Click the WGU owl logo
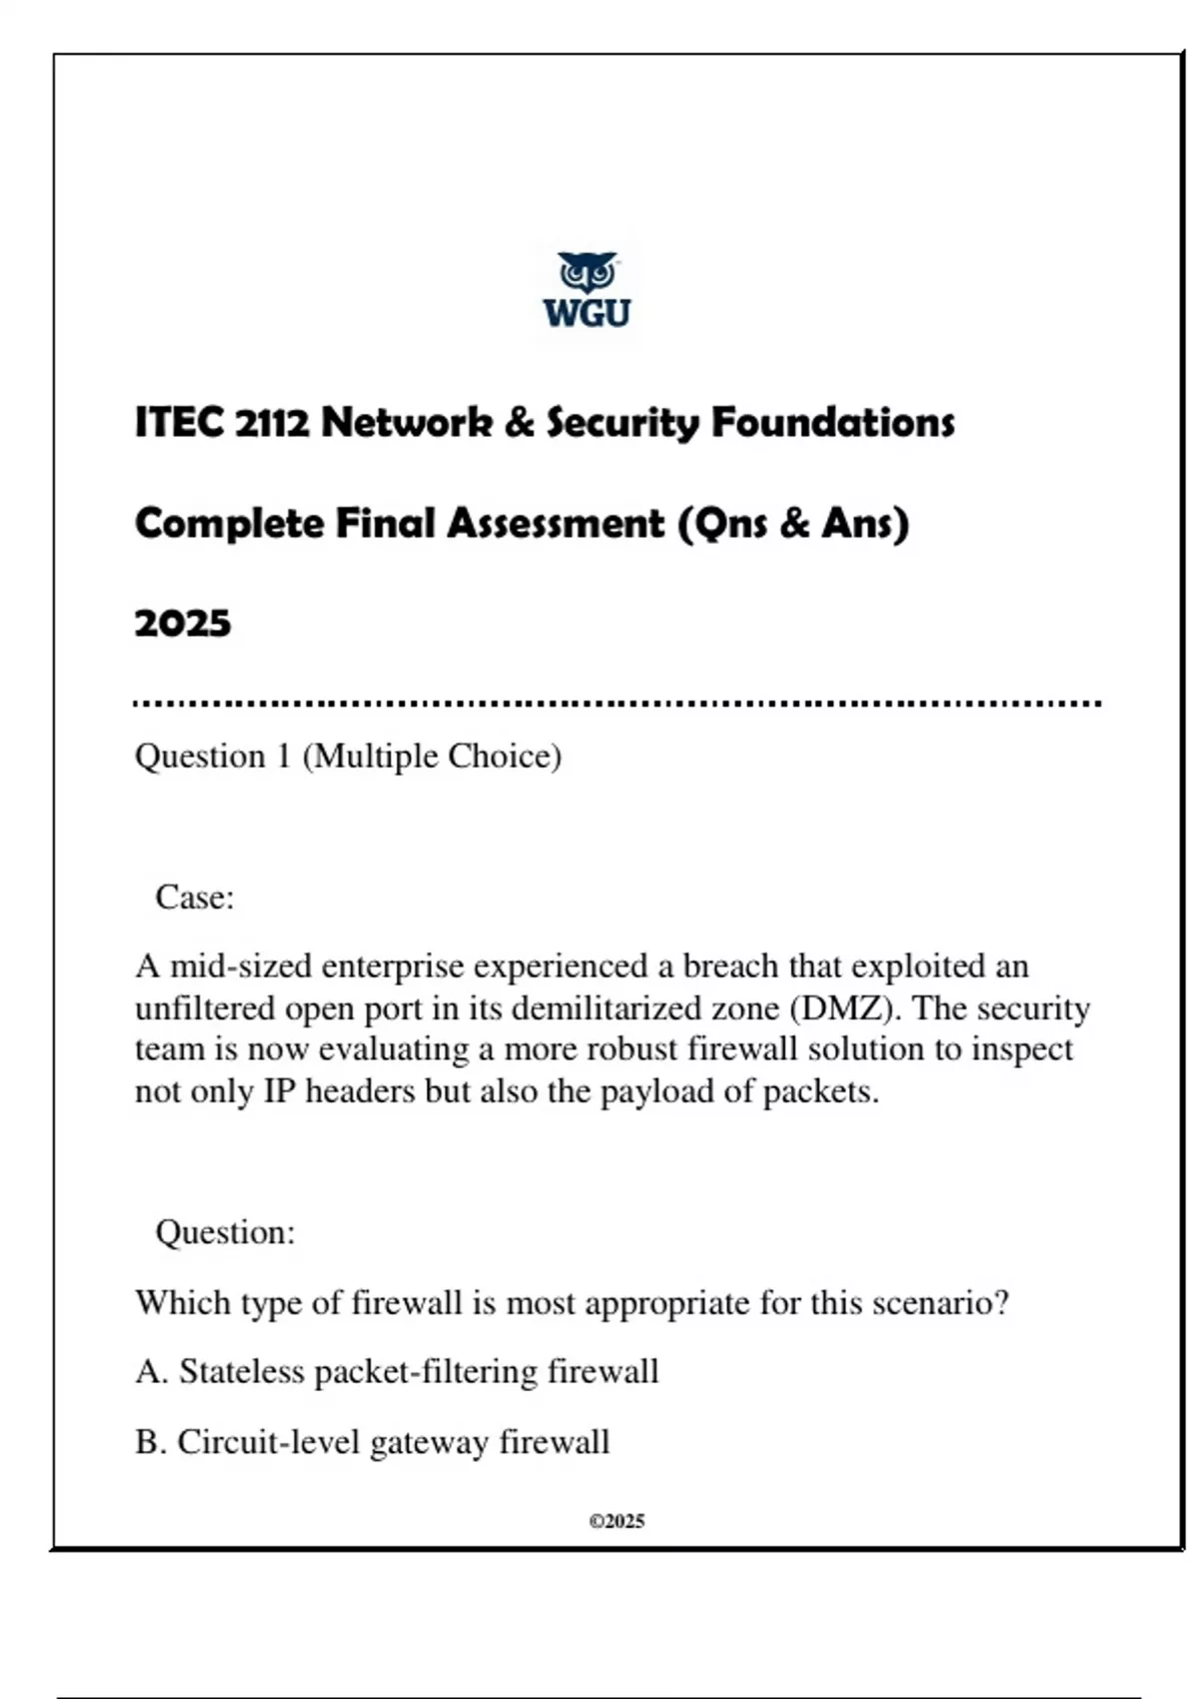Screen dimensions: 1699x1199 (588, 289)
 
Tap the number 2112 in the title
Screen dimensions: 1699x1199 (273, 423)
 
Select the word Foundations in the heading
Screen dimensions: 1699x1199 (832, 423)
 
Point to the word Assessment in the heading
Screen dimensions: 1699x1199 (555, 524)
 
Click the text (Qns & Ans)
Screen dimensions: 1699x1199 (793, 524)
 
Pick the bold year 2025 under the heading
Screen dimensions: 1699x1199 (183, 624)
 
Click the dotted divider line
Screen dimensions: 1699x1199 (616, 704)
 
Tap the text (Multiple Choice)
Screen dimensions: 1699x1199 (432, 757)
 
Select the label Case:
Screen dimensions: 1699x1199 (195, 897)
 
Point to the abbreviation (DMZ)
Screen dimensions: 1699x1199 (845, 1008)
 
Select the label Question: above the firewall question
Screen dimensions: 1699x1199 (225, 1232)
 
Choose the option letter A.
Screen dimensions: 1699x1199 (151, 1372)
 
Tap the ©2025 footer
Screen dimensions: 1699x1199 (616, 1521)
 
